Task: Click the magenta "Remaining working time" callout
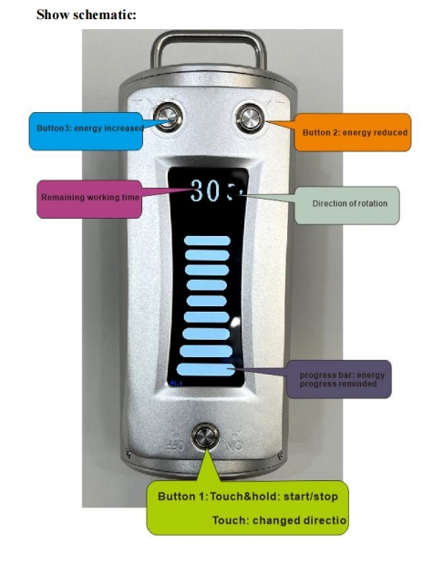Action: (88, 199)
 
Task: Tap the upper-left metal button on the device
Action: (167, 118)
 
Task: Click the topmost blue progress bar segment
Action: (208, 241)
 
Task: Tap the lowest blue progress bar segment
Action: (208, 370)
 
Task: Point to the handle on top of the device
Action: (209, 50)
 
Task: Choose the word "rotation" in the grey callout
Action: (370, 203)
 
